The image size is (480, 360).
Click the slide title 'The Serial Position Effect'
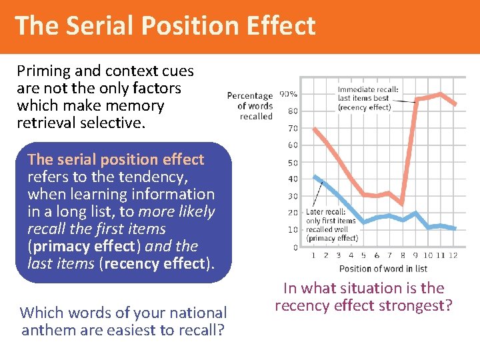click(165, 26)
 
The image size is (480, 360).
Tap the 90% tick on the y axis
click(288, 94)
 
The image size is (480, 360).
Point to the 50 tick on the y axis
click(292, 163)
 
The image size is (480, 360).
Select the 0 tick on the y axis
click(295, 247)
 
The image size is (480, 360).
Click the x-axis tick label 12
click(453, 255)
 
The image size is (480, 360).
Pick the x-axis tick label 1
click(313, 255)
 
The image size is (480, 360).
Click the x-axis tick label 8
click(402, 255)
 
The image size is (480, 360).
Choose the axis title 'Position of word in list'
click(383, 269)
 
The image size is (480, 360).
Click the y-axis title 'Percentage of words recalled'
click(250, 106)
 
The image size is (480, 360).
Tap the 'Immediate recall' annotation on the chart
click(367, 98)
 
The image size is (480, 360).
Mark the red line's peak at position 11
click(441, 94)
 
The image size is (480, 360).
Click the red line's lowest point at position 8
click(402, 203)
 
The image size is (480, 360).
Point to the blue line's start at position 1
click(313, 176)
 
